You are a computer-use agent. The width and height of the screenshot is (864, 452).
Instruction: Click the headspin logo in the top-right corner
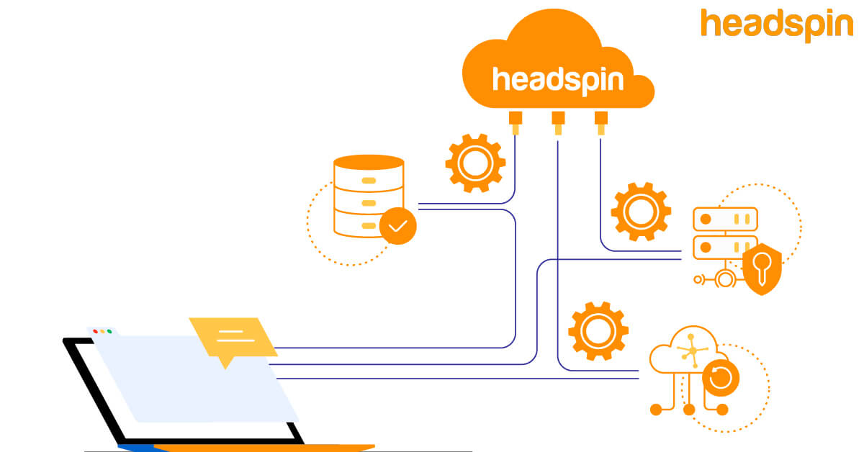776,24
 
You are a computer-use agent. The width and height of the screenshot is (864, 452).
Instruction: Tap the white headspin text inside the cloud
557,78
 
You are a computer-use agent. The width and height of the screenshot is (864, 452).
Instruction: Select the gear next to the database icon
474,163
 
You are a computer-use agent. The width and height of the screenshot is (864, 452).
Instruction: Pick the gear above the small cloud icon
598,331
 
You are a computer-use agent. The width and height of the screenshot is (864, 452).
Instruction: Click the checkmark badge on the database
397,226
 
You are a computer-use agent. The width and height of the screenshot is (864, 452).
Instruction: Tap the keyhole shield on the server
762,268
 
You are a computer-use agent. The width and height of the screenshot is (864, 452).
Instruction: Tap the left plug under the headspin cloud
515,122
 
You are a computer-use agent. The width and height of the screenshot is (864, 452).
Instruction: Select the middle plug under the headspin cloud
557,122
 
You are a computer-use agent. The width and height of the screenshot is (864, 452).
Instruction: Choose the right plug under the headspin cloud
600,122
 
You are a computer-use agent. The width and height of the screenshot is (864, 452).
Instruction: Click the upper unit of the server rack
724,218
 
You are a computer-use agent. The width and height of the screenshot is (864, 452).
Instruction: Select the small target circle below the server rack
724,279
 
